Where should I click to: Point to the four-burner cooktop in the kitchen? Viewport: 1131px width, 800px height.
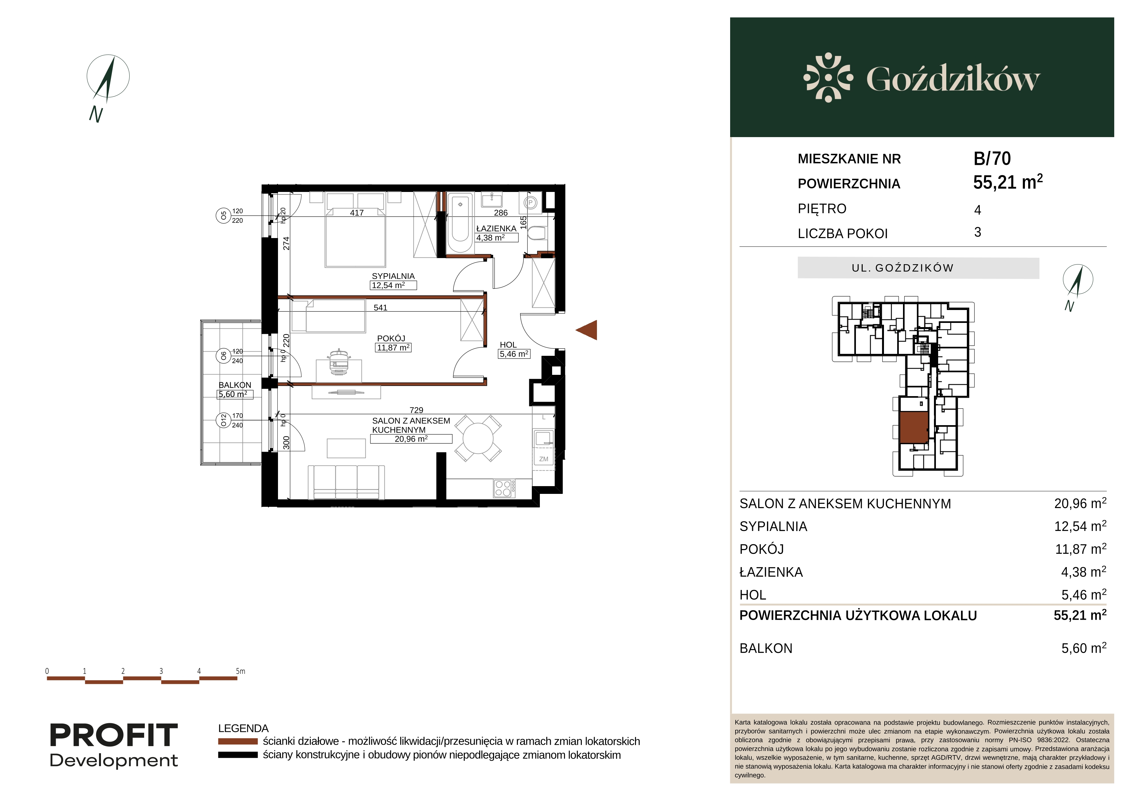[504, 488]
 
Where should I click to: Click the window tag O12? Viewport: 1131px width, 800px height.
[223, 420]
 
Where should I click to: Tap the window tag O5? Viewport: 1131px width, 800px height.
[223, 216]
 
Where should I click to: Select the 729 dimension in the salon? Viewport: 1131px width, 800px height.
[416, 410]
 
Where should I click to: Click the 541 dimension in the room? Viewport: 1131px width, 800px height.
[380, 308]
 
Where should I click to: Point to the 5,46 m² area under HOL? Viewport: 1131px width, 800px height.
[514, 354]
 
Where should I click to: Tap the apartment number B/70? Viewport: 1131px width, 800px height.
[992, 159]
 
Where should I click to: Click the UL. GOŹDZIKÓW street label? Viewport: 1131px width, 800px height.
[902, 268]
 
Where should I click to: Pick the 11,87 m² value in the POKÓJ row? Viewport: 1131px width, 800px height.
[1081, 549]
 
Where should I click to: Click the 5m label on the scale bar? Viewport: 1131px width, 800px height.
[240, 671]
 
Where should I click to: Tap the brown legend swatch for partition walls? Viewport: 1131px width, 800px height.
[238, 741]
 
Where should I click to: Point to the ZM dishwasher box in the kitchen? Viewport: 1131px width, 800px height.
[544, 459]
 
